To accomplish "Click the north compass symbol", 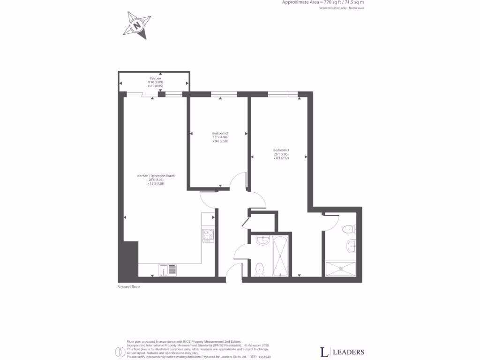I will click(137, 25).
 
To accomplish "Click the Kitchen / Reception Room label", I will click(156, 180).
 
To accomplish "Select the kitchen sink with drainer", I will click(167, 270).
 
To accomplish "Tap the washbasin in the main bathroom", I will click(262, 241).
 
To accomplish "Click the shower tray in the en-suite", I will click(341, 269).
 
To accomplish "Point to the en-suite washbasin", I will click(352, 245).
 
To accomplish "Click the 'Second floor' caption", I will click(128, 286).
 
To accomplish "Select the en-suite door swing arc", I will click(331, 223).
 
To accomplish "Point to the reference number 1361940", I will click(264, 357).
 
